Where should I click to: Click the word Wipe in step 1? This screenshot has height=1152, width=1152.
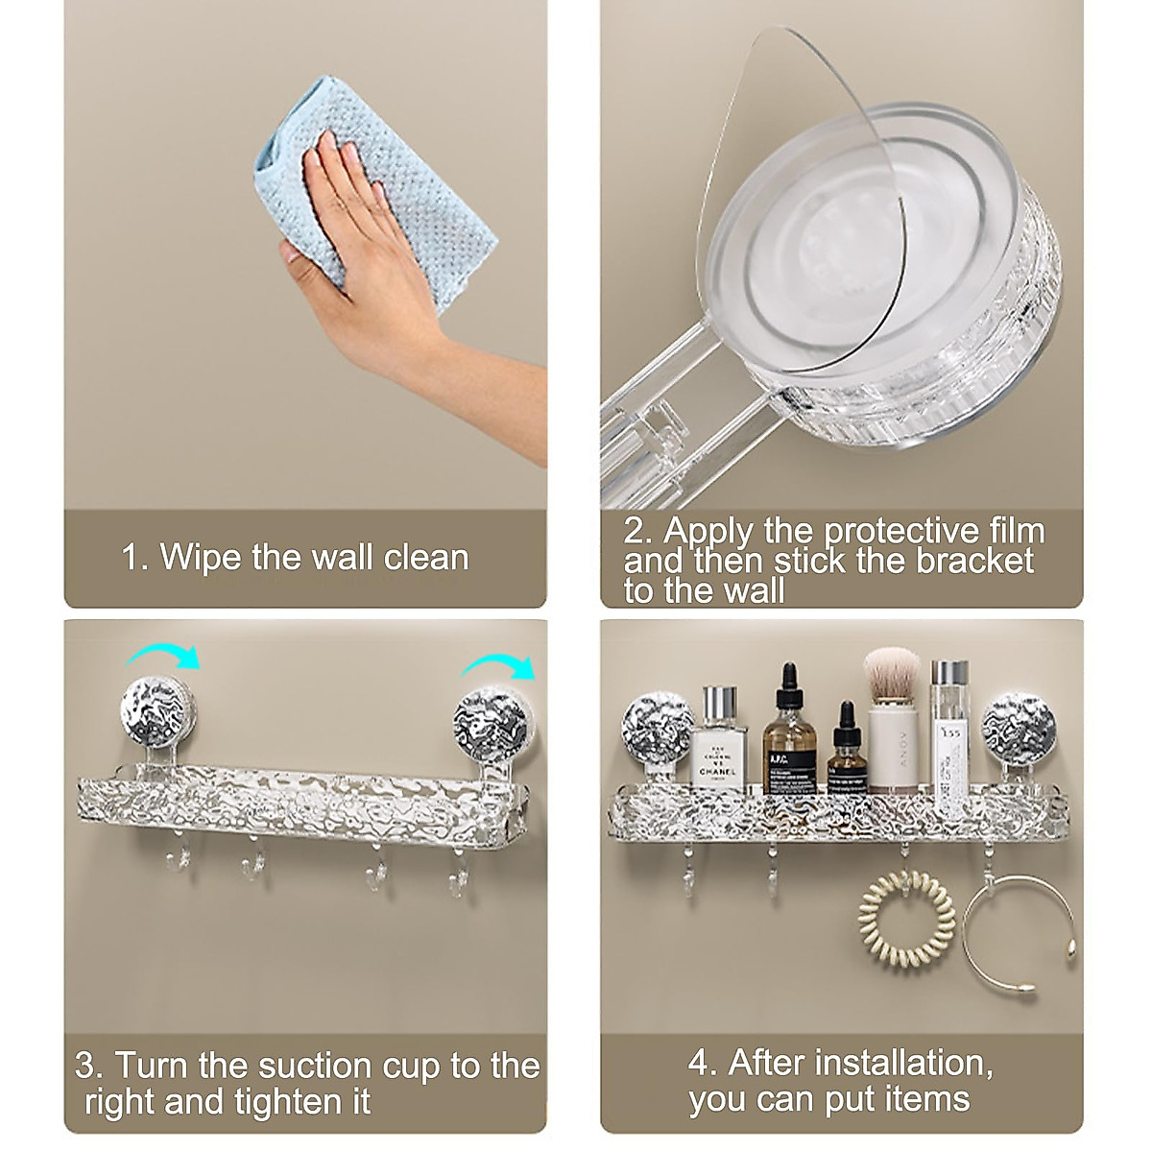(x=202, y=558)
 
